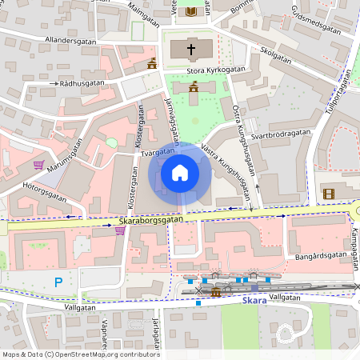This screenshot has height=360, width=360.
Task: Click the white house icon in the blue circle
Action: [180, 173]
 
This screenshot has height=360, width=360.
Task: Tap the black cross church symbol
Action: [191, 50]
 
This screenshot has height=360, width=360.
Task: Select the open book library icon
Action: [190, 10]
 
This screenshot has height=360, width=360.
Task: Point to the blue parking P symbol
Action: [58, 282]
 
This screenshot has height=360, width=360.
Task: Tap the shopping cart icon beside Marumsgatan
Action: [38, 165]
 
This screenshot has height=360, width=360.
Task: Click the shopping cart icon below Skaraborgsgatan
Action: [120, 231]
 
